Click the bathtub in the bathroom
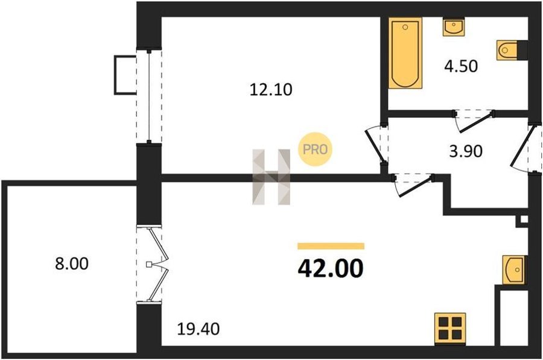pyautogui.click(x=405, y=53)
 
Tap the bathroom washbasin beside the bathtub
pyautogui.click(x=453, y=27)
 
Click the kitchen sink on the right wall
pyautogui.click(x=515, y=270)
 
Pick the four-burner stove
pyautogui.click(x=450, y=329)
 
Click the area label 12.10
pyautogui.click(x=271, y=90)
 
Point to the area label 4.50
pyautogui.click(x=461, y=66)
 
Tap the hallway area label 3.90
pyautogui.click(x=465, y=151)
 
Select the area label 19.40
pyautogui.click(x=198, y=329)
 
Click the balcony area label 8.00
pyautogui.click(x=72, y=264)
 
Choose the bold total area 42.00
pyautogui.click(x=331, y=268)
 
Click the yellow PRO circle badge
pyautogui.click(x=315, y=149)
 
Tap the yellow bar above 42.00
pyautogui.click(x=331, y=246)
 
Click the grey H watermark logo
pyautogui.click(x=271, y=177)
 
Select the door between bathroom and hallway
pyautogui.click(x=474, y=120)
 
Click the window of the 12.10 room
pyautogui.click(x=149, y=96)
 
